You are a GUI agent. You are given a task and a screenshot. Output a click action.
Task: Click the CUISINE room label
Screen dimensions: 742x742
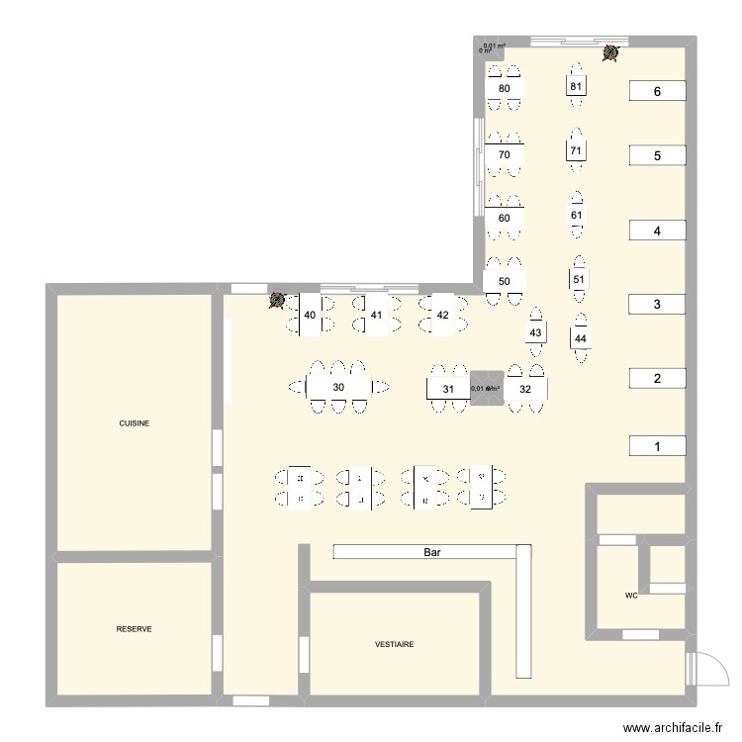[135, 422]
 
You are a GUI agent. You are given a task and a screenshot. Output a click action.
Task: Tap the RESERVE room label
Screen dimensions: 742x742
[134, 628]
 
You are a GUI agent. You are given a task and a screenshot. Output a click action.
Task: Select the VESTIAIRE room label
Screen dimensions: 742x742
[395, 644]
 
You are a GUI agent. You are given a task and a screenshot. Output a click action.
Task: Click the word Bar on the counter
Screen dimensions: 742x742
[431, 551]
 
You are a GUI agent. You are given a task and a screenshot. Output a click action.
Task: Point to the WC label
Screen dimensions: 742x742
[631, 596]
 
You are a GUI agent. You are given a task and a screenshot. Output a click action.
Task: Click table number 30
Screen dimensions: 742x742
[338, 387]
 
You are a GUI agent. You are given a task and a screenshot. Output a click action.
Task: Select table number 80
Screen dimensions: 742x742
[505, 89]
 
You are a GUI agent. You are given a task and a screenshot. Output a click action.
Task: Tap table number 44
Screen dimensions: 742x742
[580, 339]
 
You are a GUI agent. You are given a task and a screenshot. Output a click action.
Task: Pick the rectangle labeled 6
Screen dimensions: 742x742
[656, 91]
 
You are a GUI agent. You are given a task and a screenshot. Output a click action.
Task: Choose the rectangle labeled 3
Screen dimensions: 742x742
[656, 304]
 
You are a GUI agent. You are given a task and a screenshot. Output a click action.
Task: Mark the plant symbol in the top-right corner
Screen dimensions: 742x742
[611, 52]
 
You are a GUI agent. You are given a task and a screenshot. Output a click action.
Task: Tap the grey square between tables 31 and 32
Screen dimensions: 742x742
[486, 389]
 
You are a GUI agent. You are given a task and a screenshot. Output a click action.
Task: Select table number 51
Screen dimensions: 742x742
[579, 280]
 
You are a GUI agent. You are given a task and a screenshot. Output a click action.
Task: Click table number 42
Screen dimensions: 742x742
[442, 316]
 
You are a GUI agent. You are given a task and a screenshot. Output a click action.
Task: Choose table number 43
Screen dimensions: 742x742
[535, 333]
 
